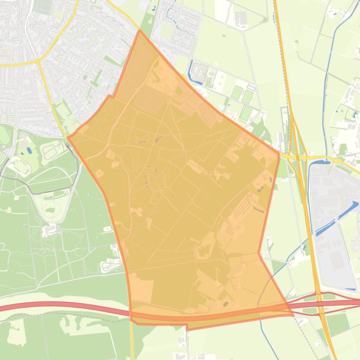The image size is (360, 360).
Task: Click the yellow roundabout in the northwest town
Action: click(37, 61)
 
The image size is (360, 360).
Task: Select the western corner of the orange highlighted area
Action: click(68, 137)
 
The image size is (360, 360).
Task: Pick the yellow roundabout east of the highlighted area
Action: click(335, 160)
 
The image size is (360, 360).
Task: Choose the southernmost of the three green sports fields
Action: click(245, 113)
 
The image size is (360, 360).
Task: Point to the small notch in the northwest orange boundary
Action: click(110, 96)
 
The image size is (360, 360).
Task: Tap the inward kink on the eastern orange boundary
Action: click(259, 253)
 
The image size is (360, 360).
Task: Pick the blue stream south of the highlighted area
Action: click(263, 327)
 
